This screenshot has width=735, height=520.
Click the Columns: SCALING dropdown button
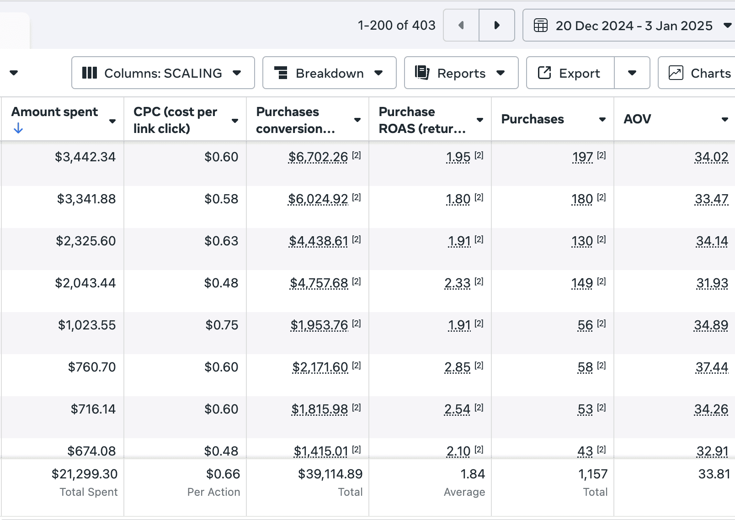click(163, 73)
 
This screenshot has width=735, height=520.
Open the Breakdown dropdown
click(330, 73)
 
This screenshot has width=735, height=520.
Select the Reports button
click(461, 73)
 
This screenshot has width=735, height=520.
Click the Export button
click(570, 73)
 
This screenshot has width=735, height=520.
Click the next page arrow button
click(497, 25)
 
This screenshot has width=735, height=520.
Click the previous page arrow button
click(461, 25)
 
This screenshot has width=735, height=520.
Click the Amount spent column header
click(54, 112)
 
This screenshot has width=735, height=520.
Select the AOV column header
click(637, 119)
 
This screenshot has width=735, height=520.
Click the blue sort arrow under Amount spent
click(18, 128)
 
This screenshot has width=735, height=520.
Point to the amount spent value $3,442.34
click(85, 157)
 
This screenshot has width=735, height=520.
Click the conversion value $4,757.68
click(319, 283)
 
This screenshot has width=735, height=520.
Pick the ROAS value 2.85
click(458, 367)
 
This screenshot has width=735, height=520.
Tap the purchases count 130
click(582, 241)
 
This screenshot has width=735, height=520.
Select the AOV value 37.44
click(712, 367)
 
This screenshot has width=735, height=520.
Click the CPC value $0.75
click(222, 325)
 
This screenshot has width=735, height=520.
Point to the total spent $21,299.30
click(85, 474)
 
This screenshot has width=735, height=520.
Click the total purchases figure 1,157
click(593, 474)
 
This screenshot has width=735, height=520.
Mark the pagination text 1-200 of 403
click(397, 25)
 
